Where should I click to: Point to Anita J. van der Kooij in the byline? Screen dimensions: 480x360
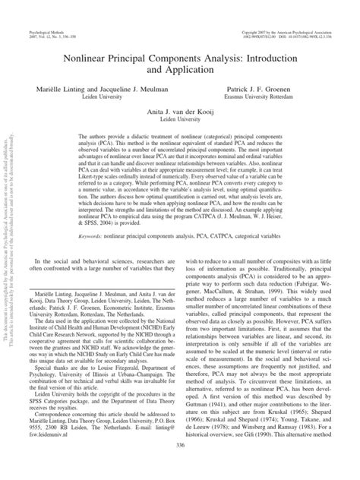181,112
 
